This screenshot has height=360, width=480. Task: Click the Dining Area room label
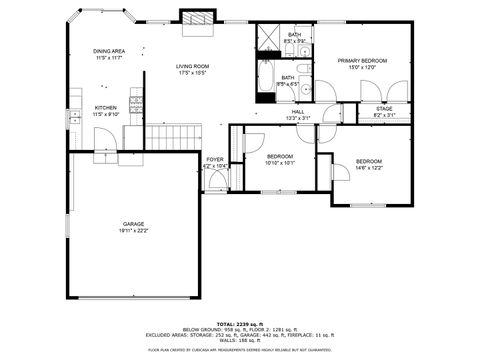(109, 51)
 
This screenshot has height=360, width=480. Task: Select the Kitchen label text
(105, 108)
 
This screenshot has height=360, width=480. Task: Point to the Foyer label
(215, 159)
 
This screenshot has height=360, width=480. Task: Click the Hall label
(298, 112)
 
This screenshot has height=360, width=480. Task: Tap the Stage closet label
(383, 108)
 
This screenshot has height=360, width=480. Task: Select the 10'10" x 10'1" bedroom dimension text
(280, 163)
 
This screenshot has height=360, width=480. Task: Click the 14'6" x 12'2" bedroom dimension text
(369, 168)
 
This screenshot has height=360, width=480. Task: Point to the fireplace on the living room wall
(196, 18)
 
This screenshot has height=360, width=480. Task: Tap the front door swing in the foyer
(213, 181)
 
